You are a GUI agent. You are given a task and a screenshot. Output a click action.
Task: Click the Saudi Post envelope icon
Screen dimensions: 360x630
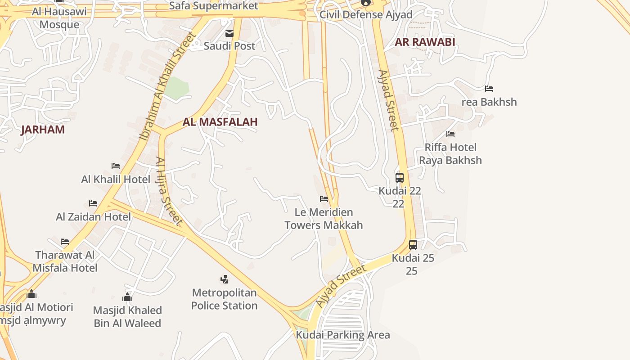coord(229,33)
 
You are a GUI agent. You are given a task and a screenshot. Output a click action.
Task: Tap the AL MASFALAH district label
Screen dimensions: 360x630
coord(220,122)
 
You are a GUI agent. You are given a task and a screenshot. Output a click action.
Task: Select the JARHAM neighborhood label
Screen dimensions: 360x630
coord(43,130)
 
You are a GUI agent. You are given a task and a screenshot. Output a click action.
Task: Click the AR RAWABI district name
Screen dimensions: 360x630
coord(425,42)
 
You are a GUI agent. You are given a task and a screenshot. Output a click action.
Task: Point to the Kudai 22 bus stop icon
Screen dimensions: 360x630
coord(400,178)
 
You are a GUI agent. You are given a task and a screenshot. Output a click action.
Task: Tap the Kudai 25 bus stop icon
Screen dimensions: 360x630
coord(413,245)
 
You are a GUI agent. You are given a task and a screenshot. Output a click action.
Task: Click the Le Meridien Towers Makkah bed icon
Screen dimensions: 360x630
coord(324,199)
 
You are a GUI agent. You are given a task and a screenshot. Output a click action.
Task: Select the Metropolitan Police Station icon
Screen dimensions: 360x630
coord(224,279)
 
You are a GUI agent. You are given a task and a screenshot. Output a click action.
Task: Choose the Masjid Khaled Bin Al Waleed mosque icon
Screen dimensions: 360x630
coord(127,297)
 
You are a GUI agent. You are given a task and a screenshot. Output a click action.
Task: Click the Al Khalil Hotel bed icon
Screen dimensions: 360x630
coord(116,166)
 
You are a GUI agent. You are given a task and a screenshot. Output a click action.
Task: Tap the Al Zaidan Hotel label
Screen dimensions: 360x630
coord(94,217)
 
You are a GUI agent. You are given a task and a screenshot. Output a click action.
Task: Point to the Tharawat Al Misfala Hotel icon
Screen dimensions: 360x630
coord(65,242)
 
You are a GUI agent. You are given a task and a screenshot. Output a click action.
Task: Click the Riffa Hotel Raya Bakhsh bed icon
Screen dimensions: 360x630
coord(450,134)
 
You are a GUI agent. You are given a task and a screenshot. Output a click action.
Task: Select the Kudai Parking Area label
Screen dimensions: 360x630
coord(343,335)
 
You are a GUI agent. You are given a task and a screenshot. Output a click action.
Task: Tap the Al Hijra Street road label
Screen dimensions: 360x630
coord(169,191)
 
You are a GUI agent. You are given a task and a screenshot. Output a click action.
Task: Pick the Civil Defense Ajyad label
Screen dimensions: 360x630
coord(366,15)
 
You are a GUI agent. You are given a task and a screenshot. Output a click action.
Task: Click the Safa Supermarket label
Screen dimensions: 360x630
coord(214,6)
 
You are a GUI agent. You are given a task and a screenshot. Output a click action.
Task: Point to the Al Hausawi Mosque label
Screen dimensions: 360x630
coord(59,18)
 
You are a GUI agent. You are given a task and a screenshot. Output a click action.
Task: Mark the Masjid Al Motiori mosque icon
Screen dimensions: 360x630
coord(31,294)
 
